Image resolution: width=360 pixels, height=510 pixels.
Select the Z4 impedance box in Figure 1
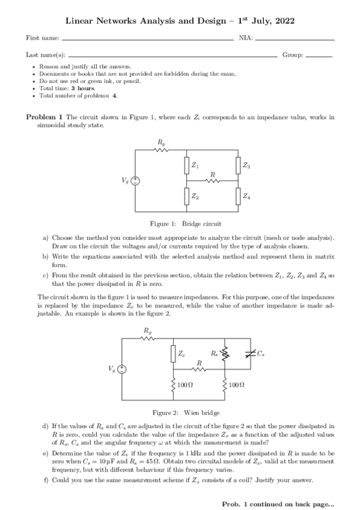[239, 196]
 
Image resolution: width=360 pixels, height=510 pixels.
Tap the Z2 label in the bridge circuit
[195, 197]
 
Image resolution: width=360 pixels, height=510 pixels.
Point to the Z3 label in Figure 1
[247, 164]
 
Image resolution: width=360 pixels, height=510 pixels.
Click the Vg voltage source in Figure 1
[136, 180]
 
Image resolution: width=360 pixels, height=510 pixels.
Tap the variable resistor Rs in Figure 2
[224, 355]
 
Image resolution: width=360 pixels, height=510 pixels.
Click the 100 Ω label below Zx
[185, 383]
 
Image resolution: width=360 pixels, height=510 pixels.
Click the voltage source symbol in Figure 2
[121, 369]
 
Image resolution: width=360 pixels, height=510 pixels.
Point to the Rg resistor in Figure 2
[147, 339]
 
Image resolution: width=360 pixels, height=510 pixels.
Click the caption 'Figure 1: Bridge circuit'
[185, 224]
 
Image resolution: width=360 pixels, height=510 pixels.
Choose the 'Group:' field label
[292, 55]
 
